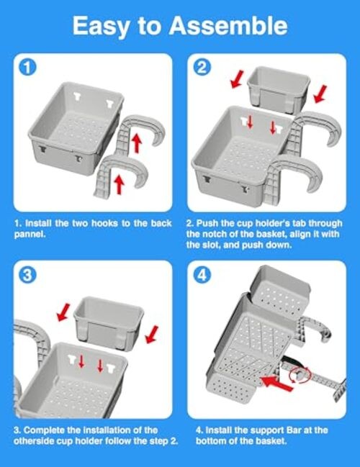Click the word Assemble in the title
click(x=228, y=26)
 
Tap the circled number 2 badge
click(x=202, y=68)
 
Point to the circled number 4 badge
click(x=202, y=275)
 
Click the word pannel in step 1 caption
click(x=30, y=235)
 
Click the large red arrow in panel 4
click(x=277, y=383)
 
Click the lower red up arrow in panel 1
click(x=120, y=184)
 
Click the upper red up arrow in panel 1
click(x=136, y=143)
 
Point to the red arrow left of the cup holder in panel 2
click(x=238, y=79)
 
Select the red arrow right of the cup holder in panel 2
click(x=320, y=94)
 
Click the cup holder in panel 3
click(x=109, y=322)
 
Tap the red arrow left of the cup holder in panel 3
click(x=63, y=312)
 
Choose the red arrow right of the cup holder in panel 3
click(x=152, y=335)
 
